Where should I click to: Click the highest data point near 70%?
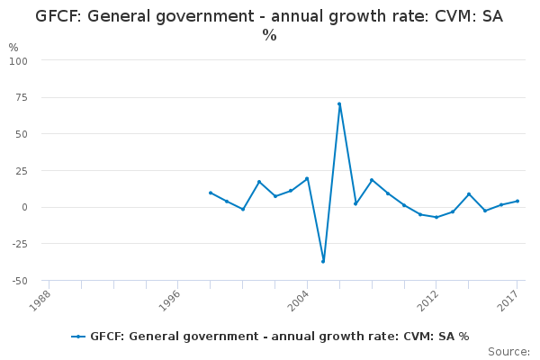(339, 104)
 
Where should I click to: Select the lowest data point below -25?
(323, 262)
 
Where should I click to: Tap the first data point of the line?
(211, 193)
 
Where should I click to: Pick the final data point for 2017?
(517, 202)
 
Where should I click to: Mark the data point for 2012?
(436, 218)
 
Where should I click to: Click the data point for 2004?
(307, 179)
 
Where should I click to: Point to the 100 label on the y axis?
(18, 61)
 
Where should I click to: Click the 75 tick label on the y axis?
(22, 97)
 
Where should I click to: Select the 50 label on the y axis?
(22, 134)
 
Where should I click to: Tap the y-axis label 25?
(22, 170)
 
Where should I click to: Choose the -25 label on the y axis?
(20, 244)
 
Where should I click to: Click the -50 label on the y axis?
(20, 281)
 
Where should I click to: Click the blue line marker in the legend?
(78, 337)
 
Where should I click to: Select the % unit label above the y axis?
(13, 47)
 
